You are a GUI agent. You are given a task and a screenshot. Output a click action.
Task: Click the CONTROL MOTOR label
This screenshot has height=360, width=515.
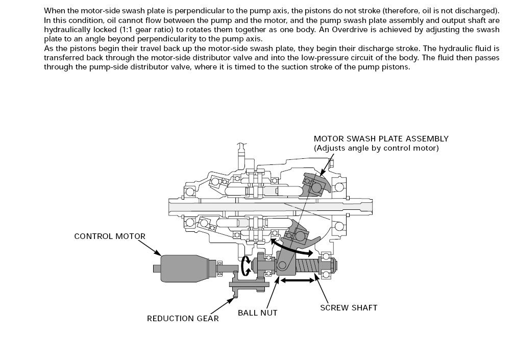(110, 236)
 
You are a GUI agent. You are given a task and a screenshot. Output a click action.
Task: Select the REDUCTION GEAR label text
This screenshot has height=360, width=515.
(183, 319)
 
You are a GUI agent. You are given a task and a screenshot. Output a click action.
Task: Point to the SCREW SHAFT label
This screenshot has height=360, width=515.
(349, 307)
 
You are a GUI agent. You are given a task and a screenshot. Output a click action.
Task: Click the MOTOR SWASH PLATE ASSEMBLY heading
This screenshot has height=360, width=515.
(381, 138)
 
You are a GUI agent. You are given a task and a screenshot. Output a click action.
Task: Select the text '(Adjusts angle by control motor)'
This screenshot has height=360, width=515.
(376, 148)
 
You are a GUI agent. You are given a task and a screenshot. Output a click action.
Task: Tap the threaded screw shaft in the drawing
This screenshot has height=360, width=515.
(306, 266)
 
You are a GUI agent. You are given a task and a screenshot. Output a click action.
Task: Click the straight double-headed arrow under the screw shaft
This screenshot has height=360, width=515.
(299, 280)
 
